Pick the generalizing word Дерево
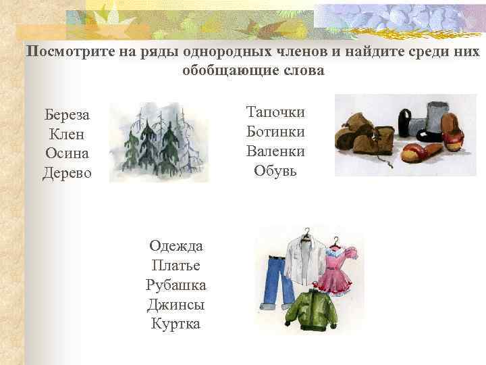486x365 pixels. (67, 173)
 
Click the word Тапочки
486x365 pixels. (275, 112)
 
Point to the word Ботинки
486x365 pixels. (275, 131)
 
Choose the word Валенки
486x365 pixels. (275, 151)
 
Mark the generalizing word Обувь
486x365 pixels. (275, 170)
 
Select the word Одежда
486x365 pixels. (176, 246)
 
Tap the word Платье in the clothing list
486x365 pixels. (175, 266)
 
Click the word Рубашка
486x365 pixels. (176, 285)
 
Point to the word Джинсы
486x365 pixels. (175, 305)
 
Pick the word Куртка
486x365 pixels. (176, 324)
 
